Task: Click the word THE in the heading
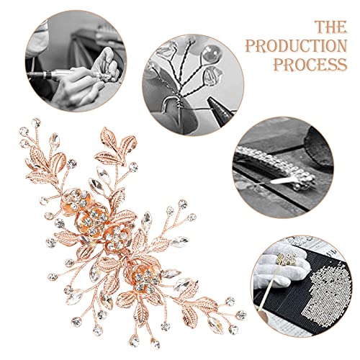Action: [330, 27]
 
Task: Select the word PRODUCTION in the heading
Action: [296, 45]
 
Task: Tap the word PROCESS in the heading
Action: [310, 64]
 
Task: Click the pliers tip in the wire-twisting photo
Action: [211, 102]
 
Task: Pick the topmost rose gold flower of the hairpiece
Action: [76, 200]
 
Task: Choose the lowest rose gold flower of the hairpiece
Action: [145, 279]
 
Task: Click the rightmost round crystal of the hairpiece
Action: [240, 315]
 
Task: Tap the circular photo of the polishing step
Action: [76, 61]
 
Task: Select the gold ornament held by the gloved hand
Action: [286, 260]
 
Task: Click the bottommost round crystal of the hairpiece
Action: [156, 344]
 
